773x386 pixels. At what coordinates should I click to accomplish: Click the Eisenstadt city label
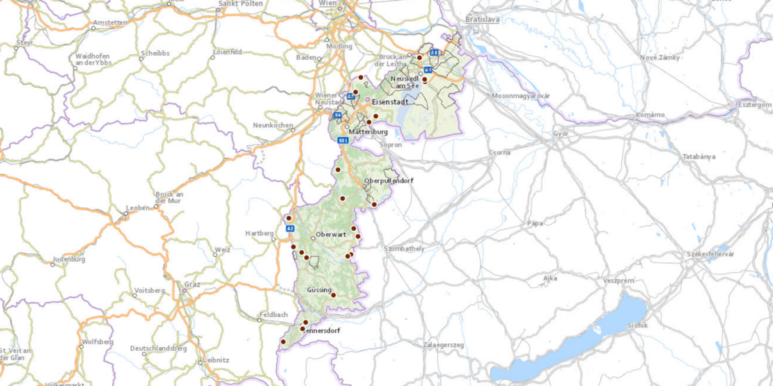(391, 102)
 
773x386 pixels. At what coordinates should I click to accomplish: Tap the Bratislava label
(483, 19)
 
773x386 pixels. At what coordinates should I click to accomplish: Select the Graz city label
(192, 284)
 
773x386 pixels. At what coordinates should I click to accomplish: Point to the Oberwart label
(331, 234)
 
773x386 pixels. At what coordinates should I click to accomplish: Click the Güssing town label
(319, 289)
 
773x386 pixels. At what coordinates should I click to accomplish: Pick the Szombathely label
(404, 248)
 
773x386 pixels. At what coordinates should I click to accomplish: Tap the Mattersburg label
(368, 131)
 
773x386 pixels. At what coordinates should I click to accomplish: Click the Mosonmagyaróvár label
(521, 95)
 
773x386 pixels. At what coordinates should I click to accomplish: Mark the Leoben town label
(136, 208)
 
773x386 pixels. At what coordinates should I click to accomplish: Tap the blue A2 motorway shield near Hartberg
(290, 227)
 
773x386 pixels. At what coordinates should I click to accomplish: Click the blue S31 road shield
(343, 140)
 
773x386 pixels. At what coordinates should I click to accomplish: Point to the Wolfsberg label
(97, 341)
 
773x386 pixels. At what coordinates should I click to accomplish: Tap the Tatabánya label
(698, 156)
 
